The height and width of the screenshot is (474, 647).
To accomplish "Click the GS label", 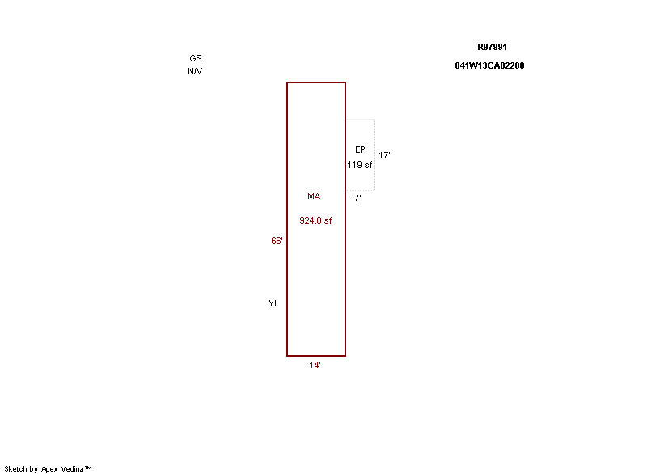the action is [196, 58].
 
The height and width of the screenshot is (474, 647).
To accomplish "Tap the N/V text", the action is [195, 71].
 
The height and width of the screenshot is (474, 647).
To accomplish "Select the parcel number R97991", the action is [492, 47].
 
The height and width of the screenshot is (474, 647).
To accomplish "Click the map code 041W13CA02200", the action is [489, 65].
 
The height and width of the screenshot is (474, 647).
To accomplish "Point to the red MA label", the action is [314, 196].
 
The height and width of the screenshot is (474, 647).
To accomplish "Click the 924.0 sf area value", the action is [315, 220].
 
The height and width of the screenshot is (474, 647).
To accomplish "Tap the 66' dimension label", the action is [277, 241].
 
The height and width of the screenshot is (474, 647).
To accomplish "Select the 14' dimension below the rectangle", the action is [315, 365].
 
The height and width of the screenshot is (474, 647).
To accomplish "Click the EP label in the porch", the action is [360, 149].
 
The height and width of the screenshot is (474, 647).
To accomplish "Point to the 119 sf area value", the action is [359, 166].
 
